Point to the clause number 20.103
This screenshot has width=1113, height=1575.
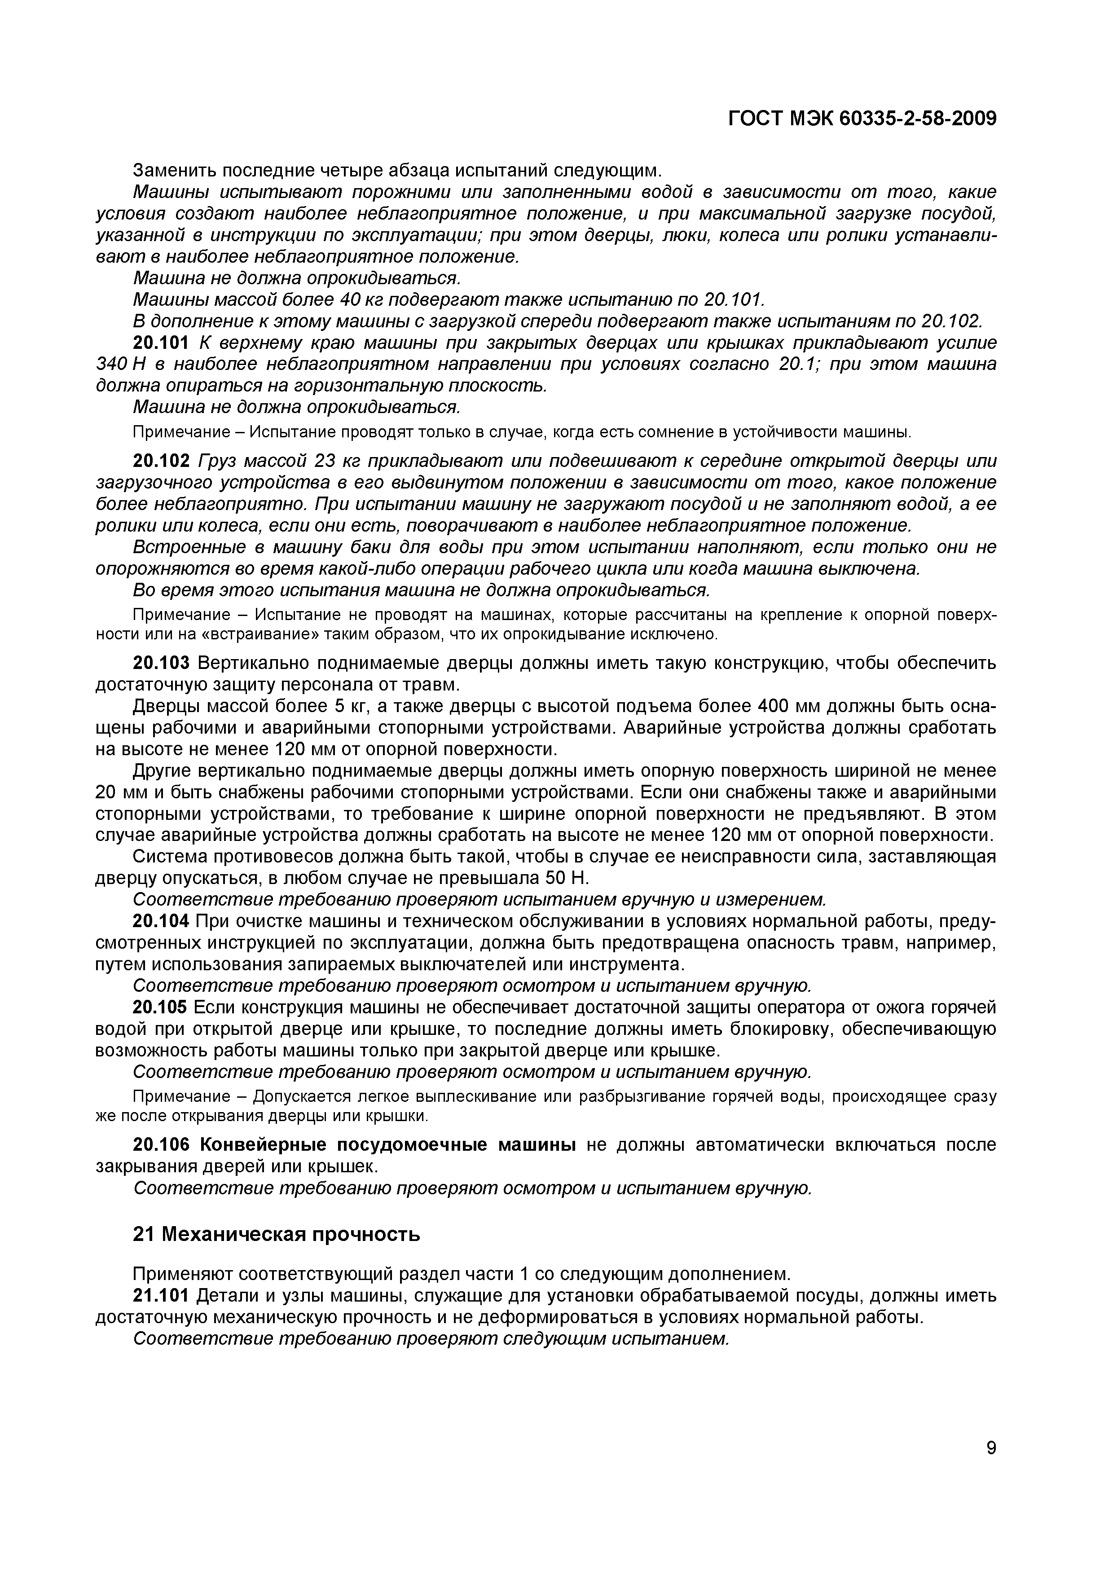pyautogui.click(x=160, y=663)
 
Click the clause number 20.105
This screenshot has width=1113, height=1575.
pyautogui.click(x=160, y=1007)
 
